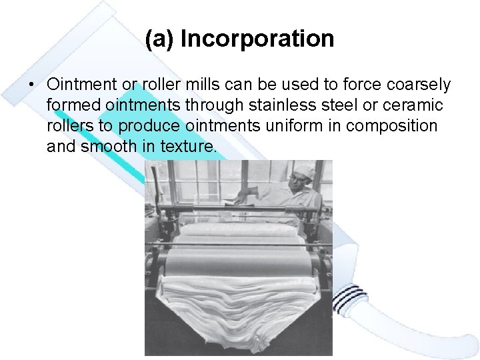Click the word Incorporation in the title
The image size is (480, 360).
[x=257, y=39]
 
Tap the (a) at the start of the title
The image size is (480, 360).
[x=160, y=39]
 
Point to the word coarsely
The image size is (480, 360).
[x=417, y=85]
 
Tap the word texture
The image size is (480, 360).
[x=189, y=147]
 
